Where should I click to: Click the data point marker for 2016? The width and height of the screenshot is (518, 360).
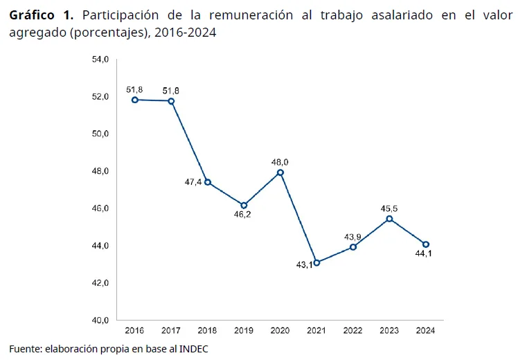(x=135, y=100)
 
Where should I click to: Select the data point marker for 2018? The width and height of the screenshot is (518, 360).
(x=208, y=182)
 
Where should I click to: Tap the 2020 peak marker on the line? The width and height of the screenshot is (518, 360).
(x=280, y=172)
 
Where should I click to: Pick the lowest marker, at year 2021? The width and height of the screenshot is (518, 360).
(x=316, y=262)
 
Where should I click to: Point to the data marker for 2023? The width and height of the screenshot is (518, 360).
(x=389, y=219)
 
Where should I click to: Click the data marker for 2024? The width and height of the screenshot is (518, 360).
(x=426, y=244)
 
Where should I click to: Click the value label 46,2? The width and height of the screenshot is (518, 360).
(x=244, y=215)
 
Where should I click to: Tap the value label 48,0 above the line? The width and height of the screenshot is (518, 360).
(x=280, y=161)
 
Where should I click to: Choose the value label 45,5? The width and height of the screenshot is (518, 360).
(x=390, y=208)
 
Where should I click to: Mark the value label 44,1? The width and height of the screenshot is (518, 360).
(x=426, y=255)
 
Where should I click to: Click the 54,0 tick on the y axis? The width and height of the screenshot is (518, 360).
(x=100, y=60)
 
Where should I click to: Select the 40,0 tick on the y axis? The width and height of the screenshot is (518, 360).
(x=100, y=321)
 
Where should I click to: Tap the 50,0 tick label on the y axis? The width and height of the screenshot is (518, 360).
(x=100, y=134)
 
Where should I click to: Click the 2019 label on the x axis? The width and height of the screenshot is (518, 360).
(x=244, y=331)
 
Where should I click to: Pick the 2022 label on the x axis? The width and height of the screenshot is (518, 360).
(x=353, y=331)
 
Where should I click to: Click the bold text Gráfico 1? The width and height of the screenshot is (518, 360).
(x=40, y=16)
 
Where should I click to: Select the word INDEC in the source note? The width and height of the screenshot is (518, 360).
(x=194, y=349)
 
